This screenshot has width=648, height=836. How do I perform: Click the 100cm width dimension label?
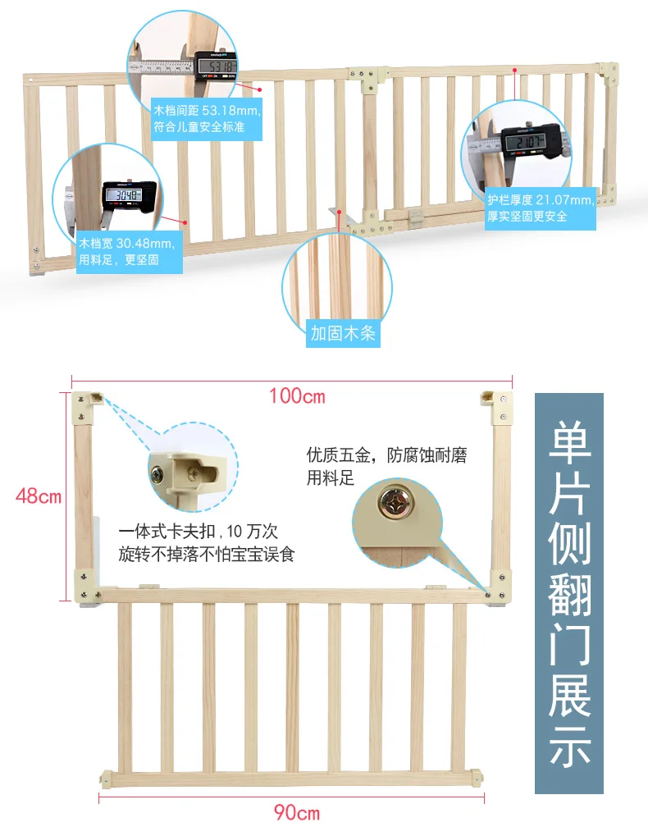tap(297, 396)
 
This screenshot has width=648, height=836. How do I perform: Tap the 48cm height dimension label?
tap(39, 496)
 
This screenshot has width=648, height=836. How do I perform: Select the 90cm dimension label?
tap(297, 812)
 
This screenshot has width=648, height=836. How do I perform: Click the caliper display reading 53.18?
tap(217, 66)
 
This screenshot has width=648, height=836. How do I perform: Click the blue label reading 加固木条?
tap(343, 334)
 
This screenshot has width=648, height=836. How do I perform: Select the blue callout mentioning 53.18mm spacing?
tap(207, 119)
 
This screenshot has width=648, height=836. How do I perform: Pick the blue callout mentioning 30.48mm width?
tap(130, 252)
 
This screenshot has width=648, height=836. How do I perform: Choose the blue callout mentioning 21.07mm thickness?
tap(541, 208)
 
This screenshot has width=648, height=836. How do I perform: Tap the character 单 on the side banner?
tap(569, 441)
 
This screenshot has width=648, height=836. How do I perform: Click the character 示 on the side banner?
tap(569, 746)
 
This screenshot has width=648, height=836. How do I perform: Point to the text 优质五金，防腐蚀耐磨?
tap(387, 455)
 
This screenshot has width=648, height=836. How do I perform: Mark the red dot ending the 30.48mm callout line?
tap(185, 223)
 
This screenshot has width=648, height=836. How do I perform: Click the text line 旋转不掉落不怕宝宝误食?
tap(207, 555)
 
